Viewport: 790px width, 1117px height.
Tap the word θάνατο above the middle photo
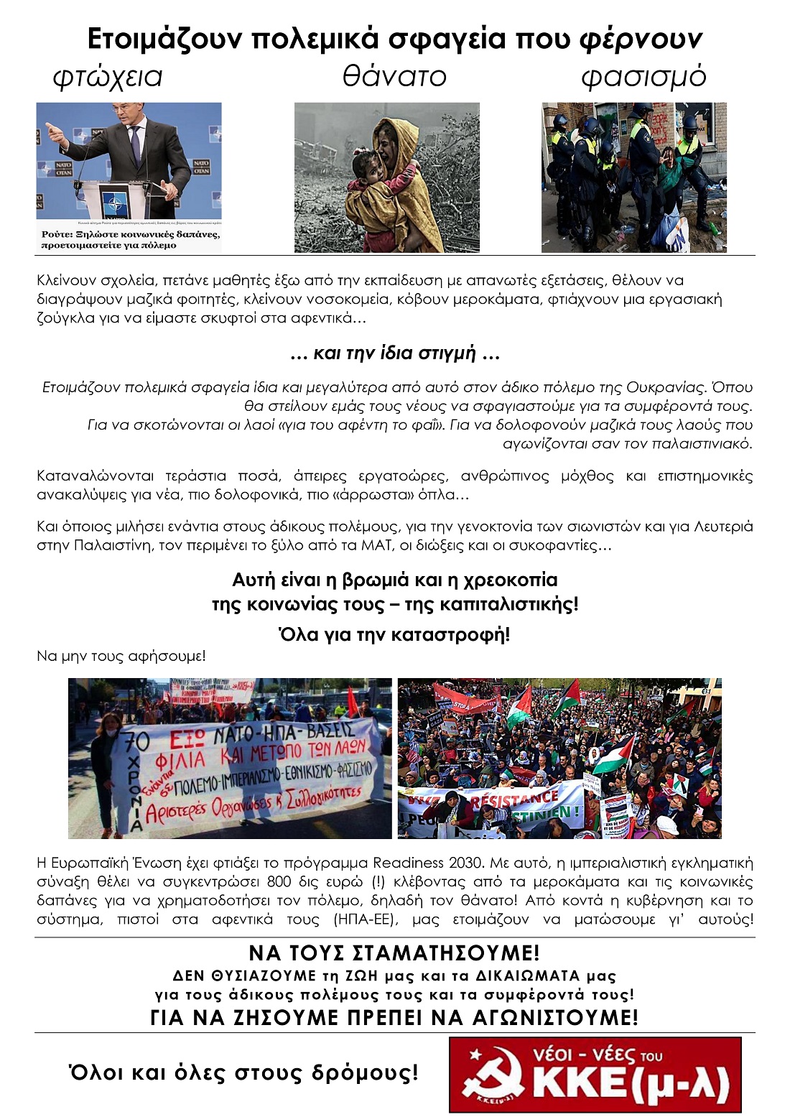(394, 76)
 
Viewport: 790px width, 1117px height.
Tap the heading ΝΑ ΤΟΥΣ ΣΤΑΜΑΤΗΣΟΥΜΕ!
(394, 953)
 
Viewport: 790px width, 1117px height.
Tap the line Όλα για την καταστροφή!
(394, 634)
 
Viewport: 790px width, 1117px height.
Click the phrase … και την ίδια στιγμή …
(394, 353)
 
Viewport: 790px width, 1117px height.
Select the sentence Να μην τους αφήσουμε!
(121, 656)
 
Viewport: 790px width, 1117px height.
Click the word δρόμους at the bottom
(365, 1073)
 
